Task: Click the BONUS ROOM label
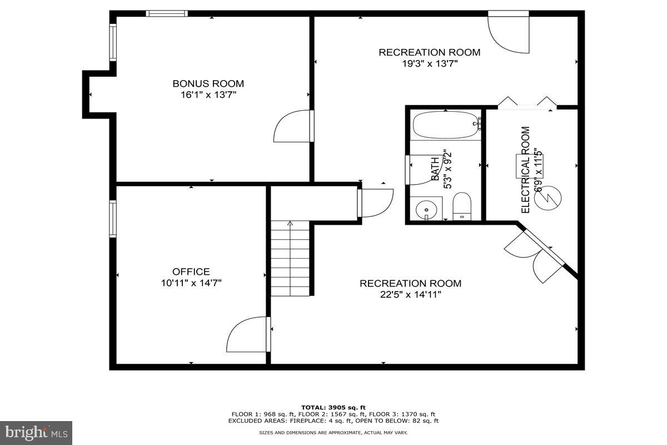208,83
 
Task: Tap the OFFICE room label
191,271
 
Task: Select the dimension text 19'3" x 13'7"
430,63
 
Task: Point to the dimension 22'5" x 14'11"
410,295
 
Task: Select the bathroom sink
426,209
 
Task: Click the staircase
290,259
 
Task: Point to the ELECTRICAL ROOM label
525,170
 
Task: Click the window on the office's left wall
113,219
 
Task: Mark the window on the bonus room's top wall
167,13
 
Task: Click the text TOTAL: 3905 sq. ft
333,408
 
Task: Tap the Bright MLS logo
36,432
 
